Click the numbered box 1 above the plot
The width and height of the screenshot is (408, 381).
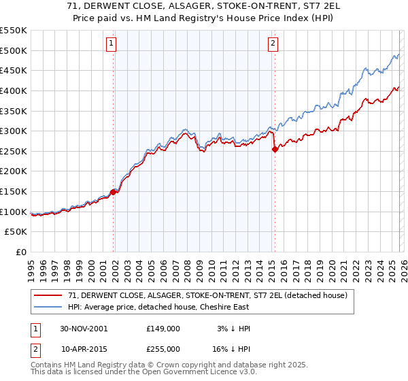[x=112, y=44]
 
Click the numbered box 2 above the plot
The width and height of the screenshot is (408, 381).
[x=273, y=44]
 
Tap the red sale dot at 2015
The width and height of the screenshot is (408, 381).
[x=274, y=150]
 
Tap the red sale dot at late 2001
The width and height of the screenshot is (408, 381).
[x=114, y=192]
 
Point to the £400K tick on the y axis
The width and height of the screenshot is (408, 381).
[x=14, y=90]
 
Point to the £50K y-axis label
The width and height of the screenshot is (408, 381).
[x=17, y=232]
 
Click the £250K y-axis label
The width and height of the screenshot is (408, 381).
[x=14, y=151]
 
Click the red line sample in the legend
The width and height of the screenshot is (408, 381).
[x=48, y=295]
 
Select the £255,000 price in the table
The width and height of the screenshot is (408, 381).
[x=163, y=348]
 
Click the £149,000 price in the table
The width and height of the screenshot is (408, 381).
[x=163, y=328]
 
